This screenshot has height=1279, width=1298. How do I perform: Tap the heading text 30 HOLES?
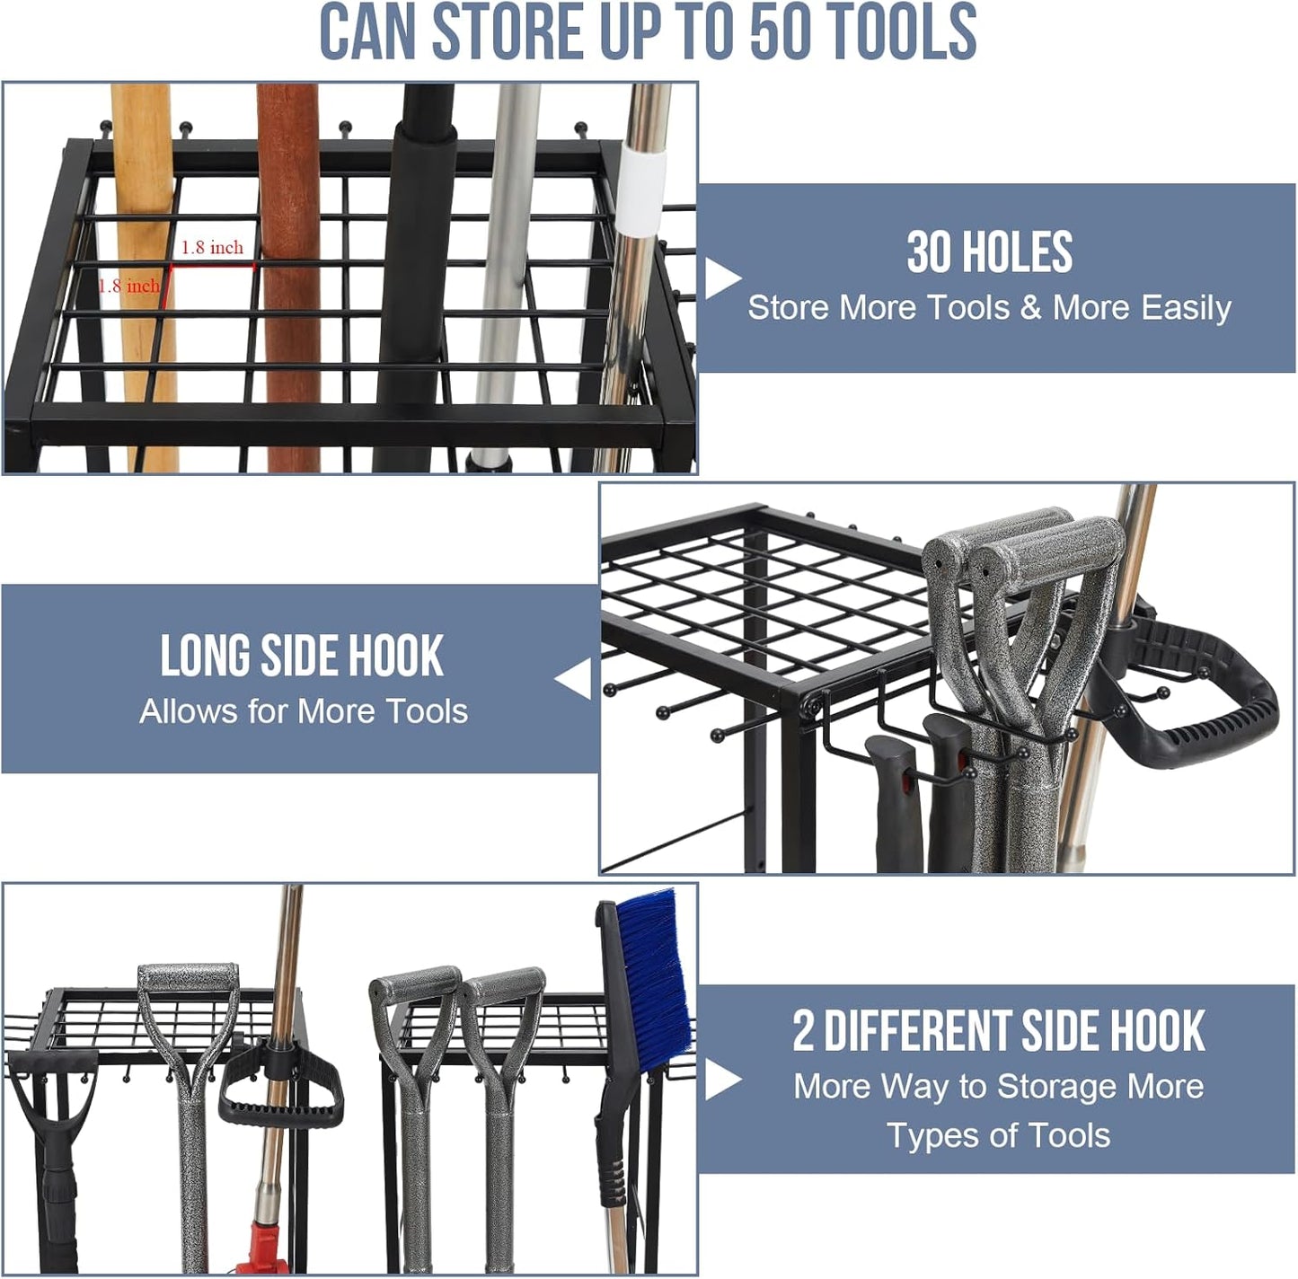pyautogui.click(x=989, y=252)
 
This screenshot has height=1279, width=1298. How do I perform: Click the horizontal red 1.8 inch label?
pyautogui.click(x=212, y=248)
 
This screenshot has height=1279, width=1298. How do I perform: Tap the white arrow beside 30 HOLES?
pyautogui.click(x=721, y=278)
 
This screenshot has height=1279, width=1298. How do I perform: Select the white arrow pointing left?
pyautogui.click(x=574, y=678)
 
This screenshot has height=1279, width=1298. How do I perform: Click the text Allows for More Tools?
pyautogui.click(x=304, y=711)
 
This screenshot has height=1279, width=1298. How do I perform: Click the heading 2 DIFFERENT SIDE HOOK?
pyautogui.click(x=998, y=1031)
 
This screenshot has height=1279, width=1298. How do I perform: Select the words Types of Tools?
pyautogui.click(x=998, y=1135)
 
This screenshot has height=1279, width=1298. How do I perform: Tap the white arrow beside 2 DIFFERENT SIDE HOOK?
pyautogui.click(x=721, y=1080)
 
